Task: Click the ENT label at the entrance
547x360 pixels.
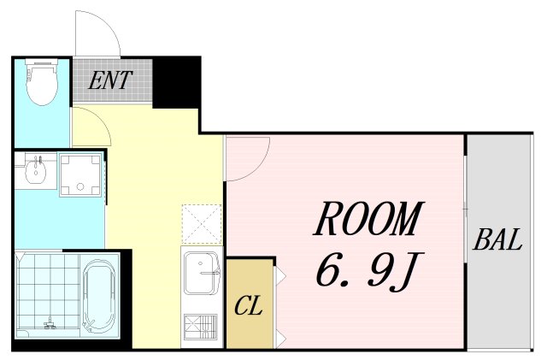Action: click(110, 80)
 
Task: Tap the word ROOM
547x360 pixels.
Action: click(368, 219)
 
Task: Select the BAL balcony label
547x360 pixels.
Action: click(497, 239)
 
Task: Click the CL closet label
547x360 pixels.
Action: click(249, 305)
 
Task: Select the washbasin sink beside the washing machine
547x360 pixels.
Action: click(36, 169)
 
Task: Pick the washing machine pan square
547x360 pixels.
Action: click(79, 174)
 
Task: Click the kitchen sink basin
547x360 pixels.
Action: click(202, 273)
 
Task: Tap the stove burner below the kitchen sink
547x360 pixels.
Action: click(201, 327)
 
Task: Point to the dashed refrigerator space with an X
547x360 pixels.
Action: click(202, 224)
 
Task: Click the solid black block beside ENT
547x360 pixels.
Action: click(176, 83)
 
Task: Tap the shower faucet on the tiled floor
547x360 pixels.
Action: click(51, 323)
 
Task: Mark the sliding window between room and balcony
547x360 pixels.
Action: click(466, 209)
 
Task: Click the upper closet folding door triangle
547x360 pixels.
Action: click(280, 275)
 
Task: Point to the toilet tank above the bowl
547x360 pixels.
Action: click(41, 62)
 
